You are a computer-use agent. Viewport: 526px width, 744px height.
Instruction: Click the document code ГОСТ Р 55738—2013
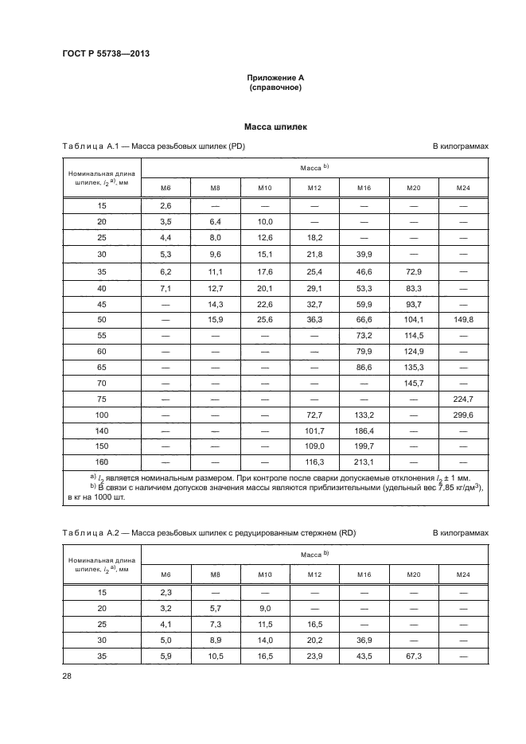105,53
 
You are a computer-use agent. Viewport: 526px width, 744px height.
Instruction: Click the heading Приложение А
275,77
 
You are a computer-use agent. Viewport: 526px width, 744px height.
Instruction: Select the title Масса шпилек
275,126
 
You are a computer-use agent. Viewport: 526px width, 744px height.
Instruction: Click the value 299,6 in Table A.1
462,415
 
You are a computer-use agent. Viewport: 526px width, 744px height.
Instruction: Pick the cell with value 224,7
462,399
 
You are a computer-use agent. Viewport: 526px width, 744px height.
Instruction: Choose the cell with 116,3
314,462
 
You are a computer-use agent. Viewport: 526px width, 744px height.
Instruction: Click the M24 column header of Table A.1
462,187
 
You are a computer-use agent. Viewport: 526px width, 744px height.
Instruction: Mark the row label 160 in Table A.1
101,462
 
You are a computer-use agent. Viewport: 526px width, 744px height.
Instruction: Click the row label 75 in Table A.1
101,399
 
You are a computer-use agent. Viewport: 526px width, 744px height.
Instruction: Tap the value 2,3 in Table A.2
166,594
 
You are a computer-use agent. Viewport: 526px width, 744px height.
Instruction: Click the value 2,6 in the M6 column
166,207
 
